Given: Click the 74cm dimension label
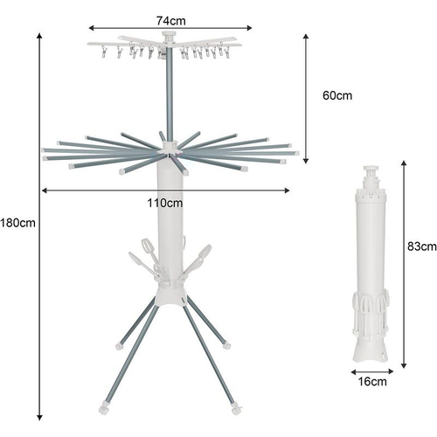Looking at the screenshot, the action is point(170,21).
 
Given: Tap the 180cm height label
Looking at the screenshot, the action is point(17,223).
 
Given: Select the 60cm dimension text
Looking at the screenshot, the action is point(337,95).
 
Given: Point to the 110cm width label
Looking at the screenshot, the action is point(165,203).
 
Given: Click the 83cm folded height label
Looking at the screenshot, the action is point(422,246).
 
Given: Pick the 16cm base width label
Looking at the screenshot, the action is point(372,381).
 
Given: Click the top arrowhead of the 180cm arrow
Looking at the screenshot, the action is point(39,36).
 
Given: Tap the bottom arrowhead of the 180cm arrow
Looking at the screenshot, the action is point(39,418).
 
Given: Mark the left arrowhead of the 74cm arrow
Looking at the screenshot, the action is point(91,28).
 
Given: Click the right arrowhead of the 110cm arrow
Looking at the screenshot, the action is point(287,191).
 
